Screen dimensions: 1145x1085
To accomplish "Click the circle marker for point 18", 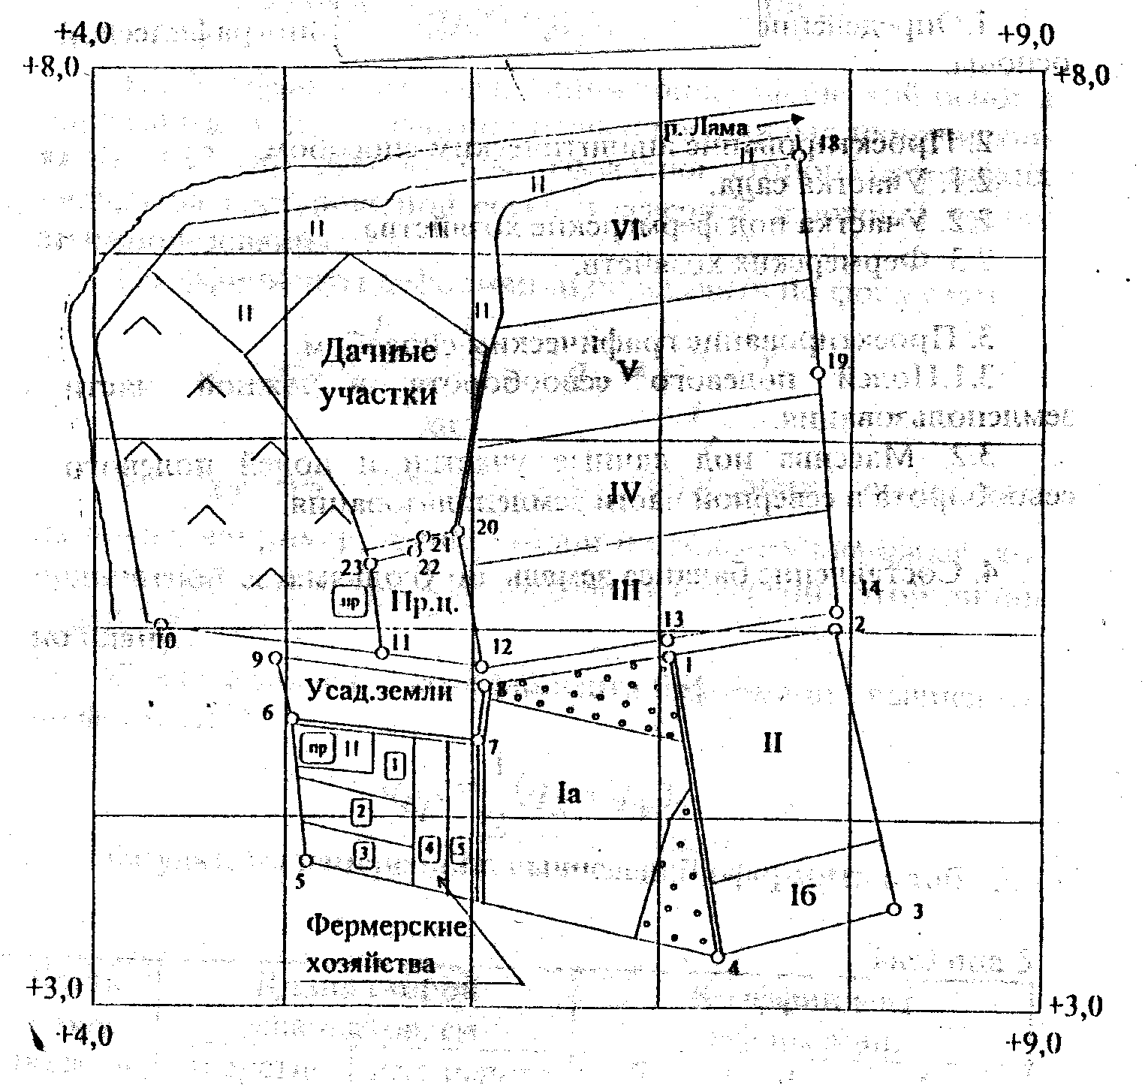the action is coord(800,155).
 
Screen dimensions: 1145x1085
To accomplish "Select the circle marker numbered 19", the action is coord(819,373).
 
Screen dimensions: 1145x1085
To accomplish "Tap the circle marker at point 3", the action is coord(893,909).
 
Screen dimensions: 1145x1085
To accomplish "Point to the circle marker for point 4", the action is coord(718,957).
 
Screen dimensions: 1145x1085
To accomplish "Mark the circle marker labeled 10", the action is coord(161,625).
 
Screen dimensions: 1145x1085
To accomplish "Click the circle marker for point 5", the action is coord(306,860).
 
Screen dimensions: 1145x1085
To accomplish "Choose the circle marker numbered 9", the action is coord(276,659).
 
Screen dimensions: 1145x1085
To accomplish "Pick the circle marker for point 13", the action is coord(666,640).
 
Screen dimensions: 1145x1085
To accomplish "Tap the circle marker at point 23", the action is coord(369,564).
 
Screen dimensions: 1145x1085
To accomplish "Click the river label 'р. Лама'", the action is coord(705,128).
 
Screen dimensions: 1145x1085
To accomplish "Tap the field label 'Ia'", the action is coord(570,794).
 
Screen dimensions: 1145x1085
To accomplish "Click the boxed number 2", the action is coord(362,811).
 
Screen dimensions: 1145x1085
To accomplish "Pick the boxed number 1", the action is coord(395,766).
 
